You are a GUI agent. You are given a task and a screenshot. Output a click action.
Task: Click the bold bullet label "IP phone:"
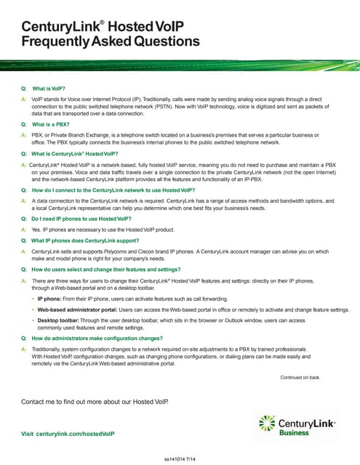coord(49,299)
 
